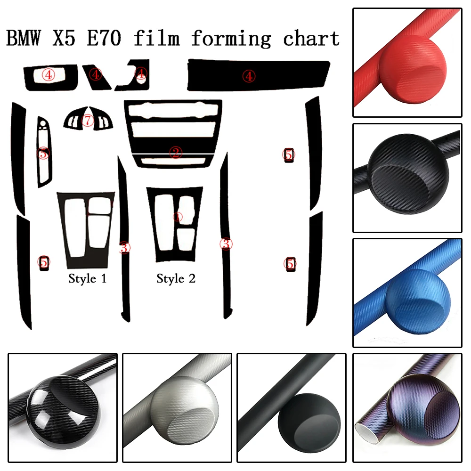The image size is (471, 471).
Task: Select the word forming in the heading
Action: (x=230, y=38)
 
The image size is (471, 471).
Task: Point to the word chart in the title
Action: (x=311, y=38)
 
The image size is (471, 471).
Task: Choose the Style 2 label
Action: (x=176, y=279)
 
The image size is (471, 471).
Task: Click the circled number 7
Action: (x=88, y=121)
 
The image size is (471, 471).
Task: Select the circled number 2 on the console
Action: (x=175, y=152)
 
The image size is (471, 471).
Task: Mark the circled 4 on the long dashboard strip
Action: (x=249, y=75)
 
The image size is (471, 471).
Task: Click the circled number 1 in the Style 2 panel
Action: (x=177, y=217)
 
